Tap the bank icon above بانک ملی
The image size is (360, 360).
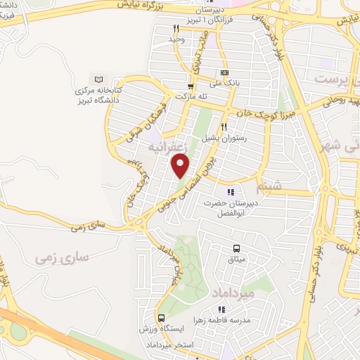coord(224,72)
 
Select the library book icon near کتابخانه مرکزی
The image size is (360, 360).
coord(98,79)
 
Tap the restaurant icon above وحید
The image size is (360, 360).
coord(176,28)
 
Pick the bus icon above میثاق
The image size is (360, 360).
coord(236,248)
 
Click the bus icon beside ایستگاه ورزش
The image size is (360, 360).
coord(162,317)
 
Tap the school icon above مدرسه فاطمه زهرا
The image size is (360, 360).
coord(221,309)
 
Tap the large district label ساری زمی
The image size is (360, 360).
coord(62,257)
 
